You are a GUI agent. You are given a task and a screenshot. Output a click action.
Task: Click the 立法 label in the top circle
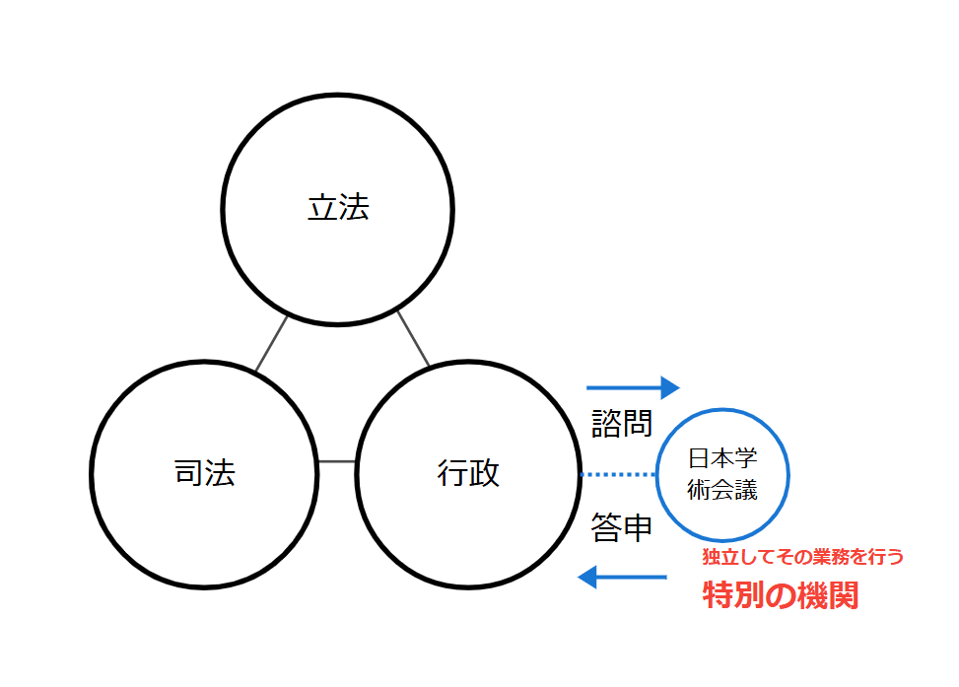point(338,209)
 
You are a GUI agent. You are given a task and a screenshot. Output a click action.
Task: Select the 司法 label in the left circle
point(204,474)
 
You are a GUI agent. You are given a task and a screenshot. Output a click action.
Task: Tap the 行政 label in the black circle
point(468,474)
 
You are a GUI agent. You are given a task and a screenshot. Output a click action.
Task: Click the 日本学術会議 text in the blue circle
point(722,475)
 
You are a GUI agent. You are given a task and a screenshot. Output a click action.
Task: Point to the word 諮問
point(622,424)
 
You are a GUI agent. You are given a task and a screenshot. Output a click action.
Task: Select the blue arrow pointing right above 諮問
point(633,386)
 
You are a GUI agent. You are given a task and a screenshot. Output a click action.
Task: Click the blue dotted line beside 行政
point(618,475)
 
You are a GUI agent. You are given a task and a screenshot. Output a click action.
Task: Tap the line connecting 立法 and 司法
point(271,343)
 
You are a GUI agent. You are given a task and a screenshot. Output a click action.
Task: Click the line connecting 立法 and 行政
point(414,338)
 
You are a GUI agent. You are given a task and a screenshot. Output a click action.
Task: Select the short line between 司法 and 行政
point(337,461)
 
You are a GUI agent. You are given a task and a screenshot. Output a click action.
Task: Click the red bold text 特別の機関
point(780,595)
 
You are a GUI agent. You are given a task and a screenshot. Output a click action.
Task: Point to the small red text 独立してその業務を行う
point(802,557)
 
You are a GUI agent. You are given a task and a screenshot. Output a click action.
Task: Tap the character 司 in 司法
point(188,474)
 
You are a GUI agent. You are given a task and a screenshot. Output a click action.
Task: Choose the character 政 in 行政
point(484,474)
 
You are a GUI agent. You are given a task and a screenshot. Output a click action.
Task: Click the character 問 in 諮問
point(638,424)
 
